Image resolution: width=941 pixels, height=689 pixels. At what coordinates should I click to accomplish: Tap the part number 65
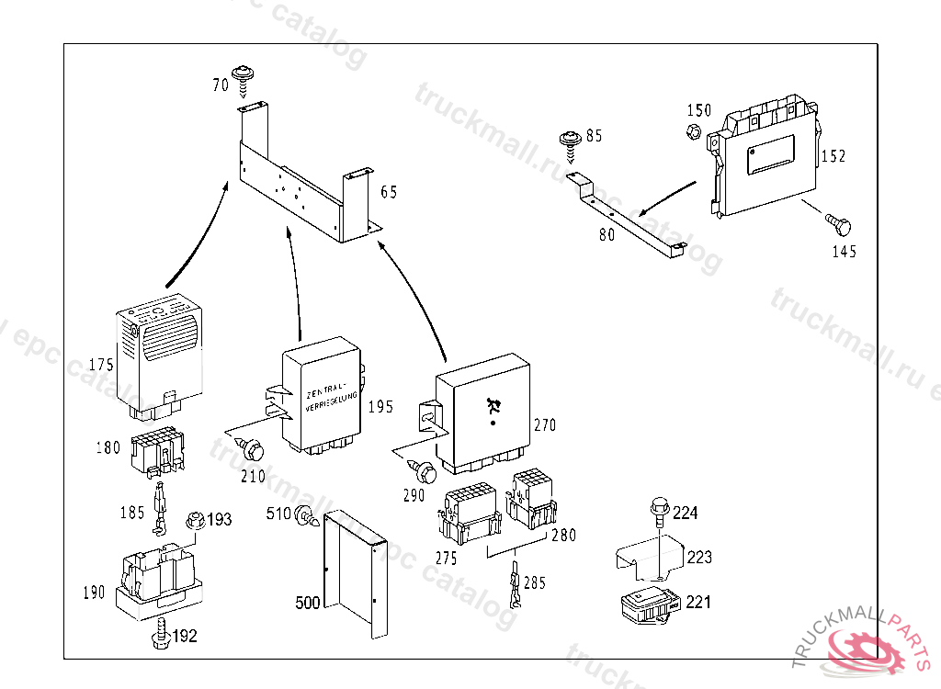(389, 192)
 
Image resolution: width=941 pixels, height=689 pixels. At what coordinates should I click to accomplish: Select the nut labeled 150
(695, 130)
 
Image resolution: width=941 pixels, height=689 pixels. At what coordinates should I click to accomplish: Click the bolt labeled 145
(837, 224)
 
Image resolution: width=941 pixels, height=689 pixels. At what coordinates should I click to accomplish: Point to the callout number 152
(833, 156)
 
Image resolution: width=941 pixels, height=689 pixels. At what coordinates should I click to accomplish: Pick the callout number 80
(607, 234)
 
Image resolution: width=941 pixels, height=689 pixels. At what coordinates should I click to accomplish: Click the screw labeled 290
(425, 472)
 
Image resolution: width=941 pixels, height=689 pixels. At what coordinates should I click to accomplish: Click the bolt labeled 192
(162, 635)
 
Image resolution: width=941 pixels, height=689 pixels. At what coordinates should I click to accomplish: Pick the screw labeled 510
(304, 518)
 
